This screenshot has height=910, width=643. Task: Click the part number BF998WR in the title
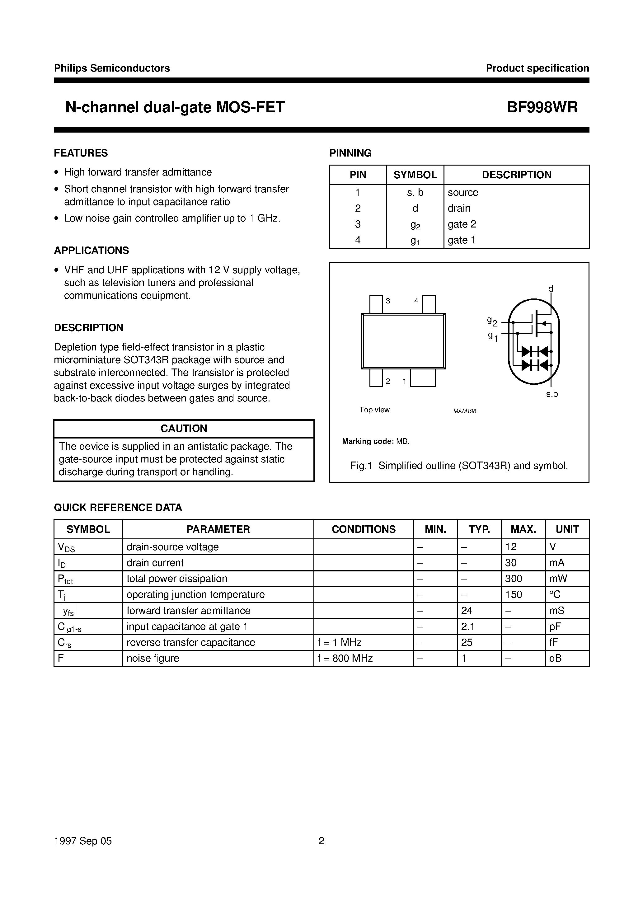point(542,107)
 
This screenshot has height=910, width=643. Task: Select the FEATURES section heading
point(81,153)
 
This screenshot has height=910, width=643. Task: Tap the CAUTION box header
point(184,429)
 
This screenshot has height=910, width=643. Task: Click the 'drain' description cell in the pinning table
point(459,208)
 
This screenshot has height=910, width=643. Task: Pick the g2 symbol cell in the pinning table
point(415,225)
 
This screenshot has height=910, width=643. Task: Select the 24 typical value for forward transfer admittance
point(467,610)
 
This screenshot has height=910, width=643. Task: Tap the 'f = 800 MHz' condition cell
point(345,658)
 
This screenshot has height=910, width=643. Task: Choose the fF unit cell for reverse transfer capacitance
point(553,642)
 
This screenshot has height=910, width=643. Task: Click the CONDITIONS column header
point(364,529)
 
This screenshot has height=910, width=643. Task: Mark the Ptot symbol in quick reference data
point(65,579)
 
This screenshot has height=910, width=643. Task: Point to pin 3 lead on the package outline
point(375,304)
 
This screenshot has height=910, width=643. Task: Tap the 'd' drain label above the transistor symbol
point(550,289)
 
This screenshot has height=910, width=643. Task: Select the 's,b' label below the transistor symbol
point(552,394)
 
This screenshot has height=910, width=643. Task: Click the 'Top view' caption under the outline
point(374,410)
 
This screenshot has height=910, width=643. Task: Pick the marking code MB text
point(402,441)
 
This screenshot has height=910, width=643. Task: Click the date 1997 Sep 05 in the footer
point(83,841)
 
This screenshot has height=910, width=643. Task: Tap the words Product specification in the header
point(537,68)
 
